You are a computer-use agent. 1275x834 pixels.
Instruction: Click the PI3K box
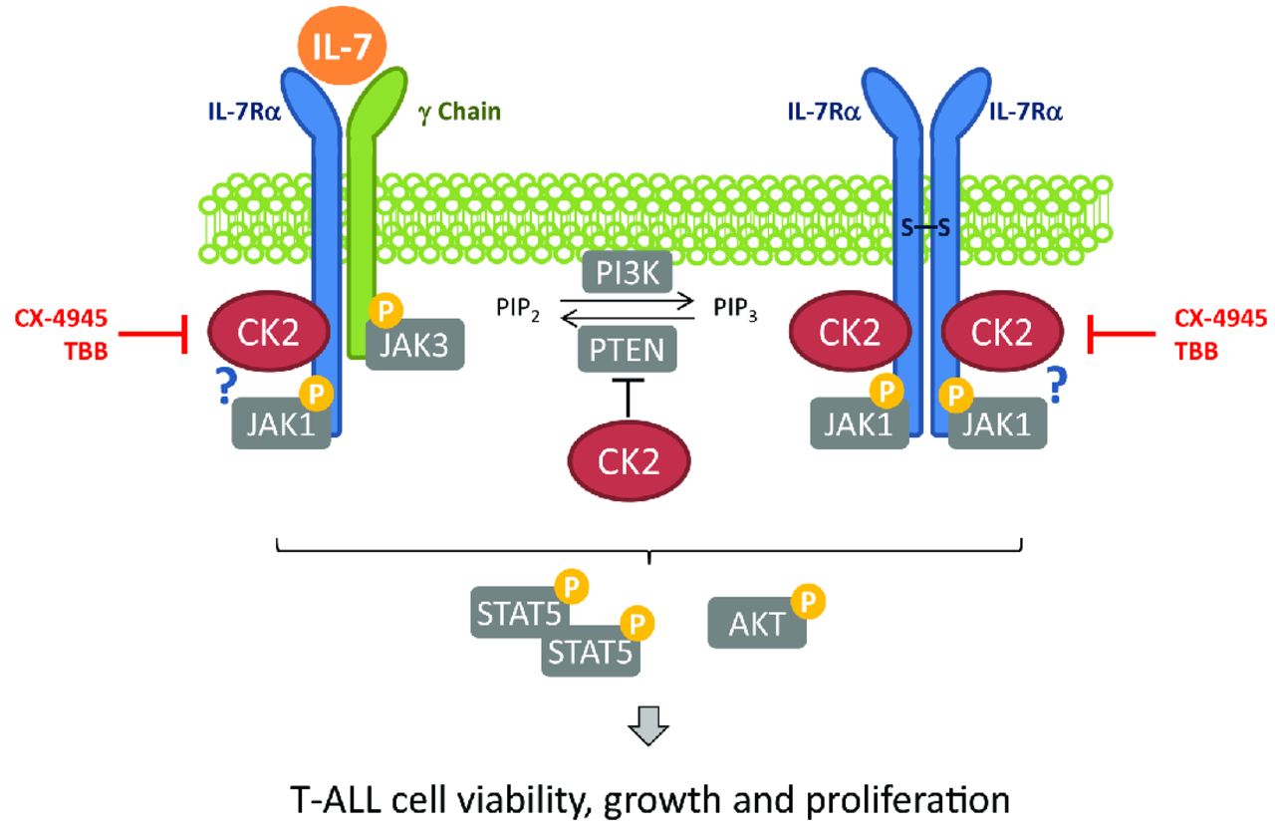coord(628,270)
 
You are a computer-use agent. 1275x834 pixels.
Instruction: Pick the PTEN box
coord(627,349)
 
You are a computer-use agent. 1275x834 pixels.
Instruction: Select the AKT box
coord(753,625)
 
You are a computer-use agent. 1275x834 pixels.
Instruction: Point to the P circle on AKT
coord(809,602)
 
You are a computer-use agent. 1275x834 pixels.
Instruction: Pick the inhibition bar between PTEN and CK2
coord(628,397)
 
